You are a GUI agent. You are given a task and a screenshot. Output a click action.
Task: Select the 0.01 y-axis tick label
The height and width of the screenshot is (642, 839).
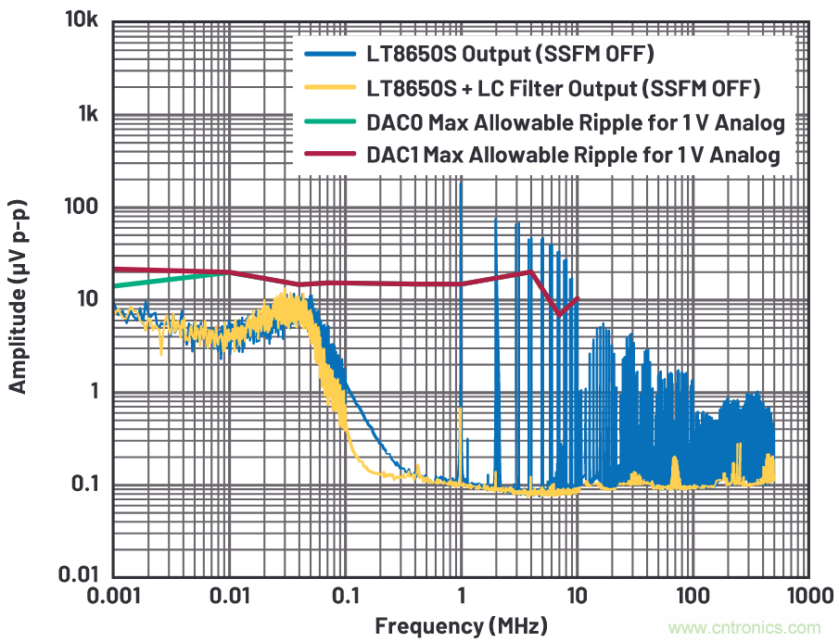coord(79,575)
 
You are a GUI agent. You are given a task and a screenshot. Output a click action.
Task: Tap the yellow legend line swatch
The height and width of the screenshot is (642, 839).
coord(329,89)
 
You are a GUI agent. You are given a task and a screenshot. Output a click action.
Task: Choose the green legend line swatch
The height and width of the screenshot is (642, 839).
coord(329,122)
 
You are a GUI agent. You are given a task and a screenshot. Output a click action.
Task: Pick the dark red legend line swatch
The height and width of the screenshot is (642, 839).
coord(329,155)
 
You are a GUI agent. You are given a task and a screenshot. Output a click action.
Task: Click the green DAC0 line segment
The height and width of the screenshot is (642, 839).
coord(167,279)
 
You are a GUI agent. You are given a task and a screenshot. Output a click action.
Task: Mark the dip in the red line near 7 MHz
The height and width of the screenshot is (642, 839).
coord(559,313)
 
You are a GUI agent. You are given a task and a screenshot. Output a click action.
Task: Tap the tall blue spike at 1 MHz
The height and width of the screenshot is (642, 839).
coord(461,278)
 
